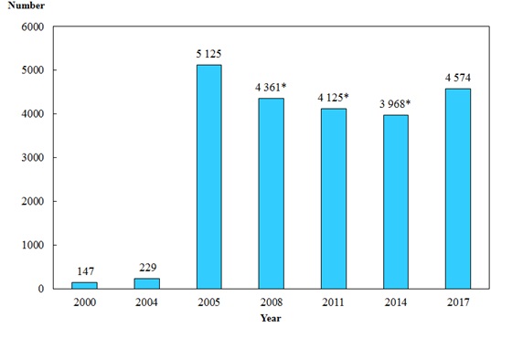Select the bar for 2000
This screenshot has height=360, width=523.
pos(84,285)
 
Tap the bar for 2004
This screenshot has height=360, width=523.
pos(146,283)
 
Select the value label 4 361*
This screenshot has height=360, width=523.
pos(272,88)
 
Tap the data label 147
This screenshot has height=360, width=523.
pos(84,271)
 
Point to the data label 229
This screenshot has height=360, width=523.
pos(146,268)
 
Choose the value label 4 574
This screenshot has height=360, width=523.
pos(458,78)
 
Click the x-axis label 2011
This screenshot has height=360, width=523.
pos(333,302)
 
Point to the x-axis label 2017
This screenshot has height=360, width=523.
pos(458,302)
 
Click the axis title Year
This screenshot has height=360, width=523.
pos(271,318)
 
